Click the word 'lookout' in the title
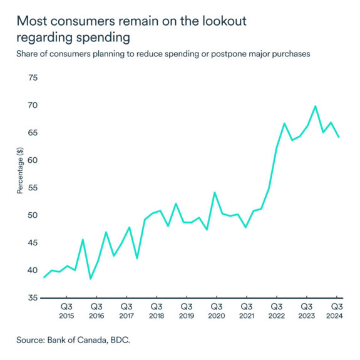coord(222,21)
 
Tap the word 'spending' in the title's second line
coord(100,37)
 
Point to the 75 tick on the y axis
coord(33,78)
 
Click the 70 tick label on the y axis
coord(33,105)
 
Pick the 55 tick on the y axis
coord(33,188)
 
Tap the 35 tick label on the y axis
coord(33,298)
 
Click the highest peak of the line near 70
coord(316,106)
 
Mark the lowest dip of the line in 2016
coord(91,279)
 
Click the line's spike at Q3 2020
coord(215,192)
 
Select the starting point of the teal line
coord(43,277)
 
